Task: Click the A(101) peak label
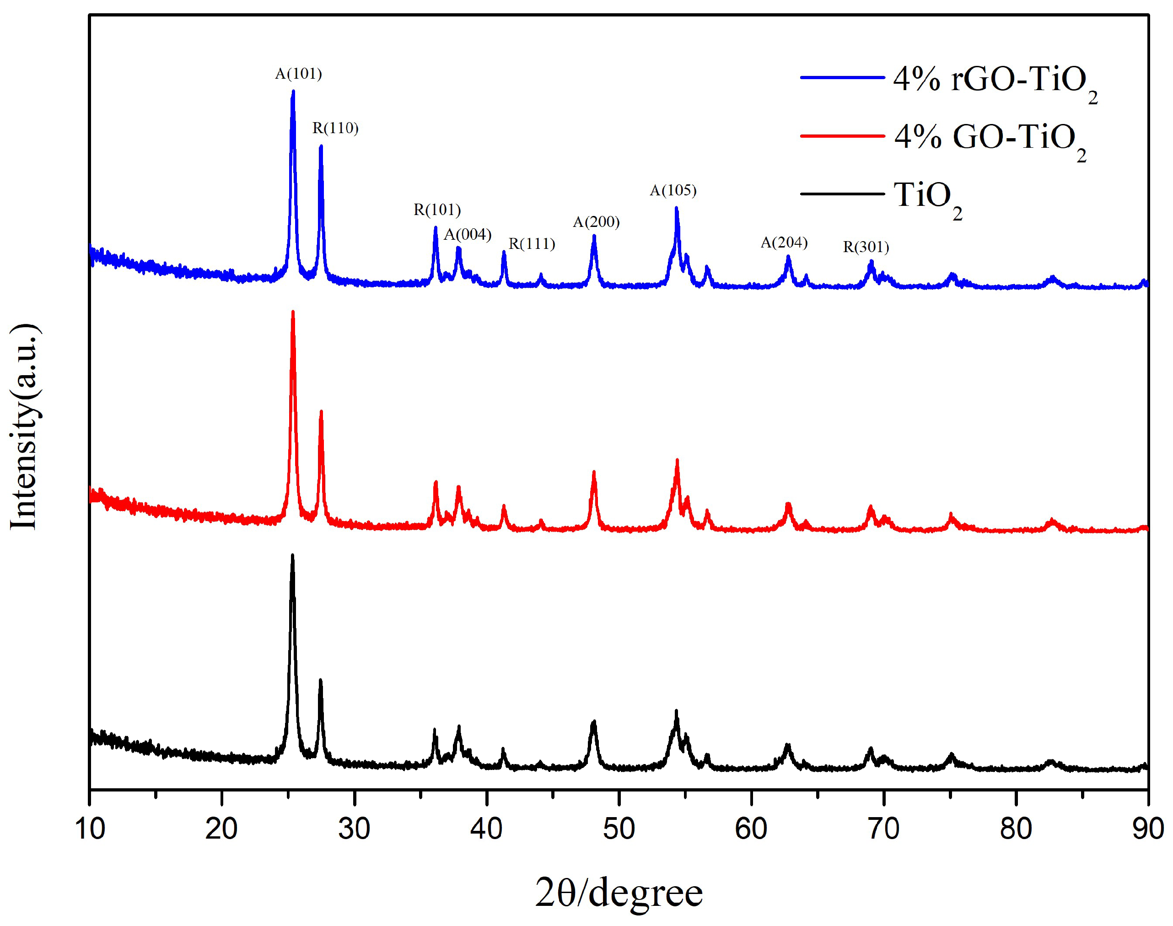[298, 74]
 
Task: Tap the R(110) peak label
[335, 129]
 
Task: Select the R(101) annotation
[437, 210]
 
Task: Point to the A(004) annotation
[467, 235]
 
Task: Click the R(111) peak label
[532, 244]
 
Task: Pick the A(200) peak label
[596, 222]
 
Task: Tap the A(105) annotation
[673, 190]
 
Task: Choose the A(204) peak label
[784, 242]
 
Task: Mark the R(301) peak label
[866, 247]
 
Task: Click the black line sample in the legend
[842, 194]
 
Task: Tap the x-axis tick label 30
[354, 829]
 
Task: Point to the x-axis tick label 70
[883, 829]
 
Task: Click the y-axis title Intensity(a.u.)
[24, 427]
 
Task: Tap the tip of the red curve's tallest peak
[293, 312]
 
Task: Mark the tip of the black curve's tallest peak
[293, 555]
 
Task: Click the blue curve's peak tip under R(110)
[321, 146]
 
